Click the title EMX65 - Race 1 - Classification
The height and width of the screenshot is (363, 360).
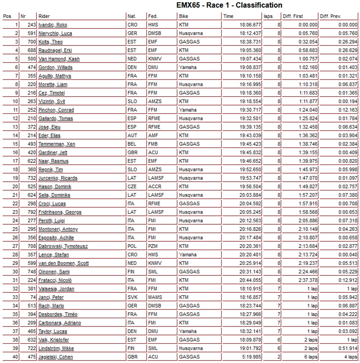(x=229, y=5)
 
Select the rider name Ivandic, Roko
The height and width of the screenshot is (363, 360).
(x=53, y=25)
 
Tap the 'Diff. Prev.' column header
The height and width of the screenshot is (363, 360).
(x=330, y=16)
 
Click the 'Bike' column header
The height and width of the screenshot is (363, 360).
(x=183, y=16)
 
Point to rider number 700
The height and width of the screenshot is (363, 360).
(x=32, y=42)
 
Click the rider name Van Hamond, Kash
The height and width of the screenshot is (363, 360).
(x=59, y=59)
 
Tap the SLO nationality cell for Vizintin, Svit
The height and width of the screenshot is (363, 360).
(x=132, y=101)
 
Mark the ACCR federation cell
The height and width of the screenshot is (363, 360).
(x=154, y=186)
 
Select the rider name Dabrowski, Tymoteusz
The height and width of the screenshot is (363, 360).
(x=63, y=246)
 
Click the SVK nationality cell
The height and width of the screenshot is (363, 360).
(x=132, y=297)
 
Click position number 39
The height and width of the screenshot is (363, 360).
(x=15, y=348)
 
